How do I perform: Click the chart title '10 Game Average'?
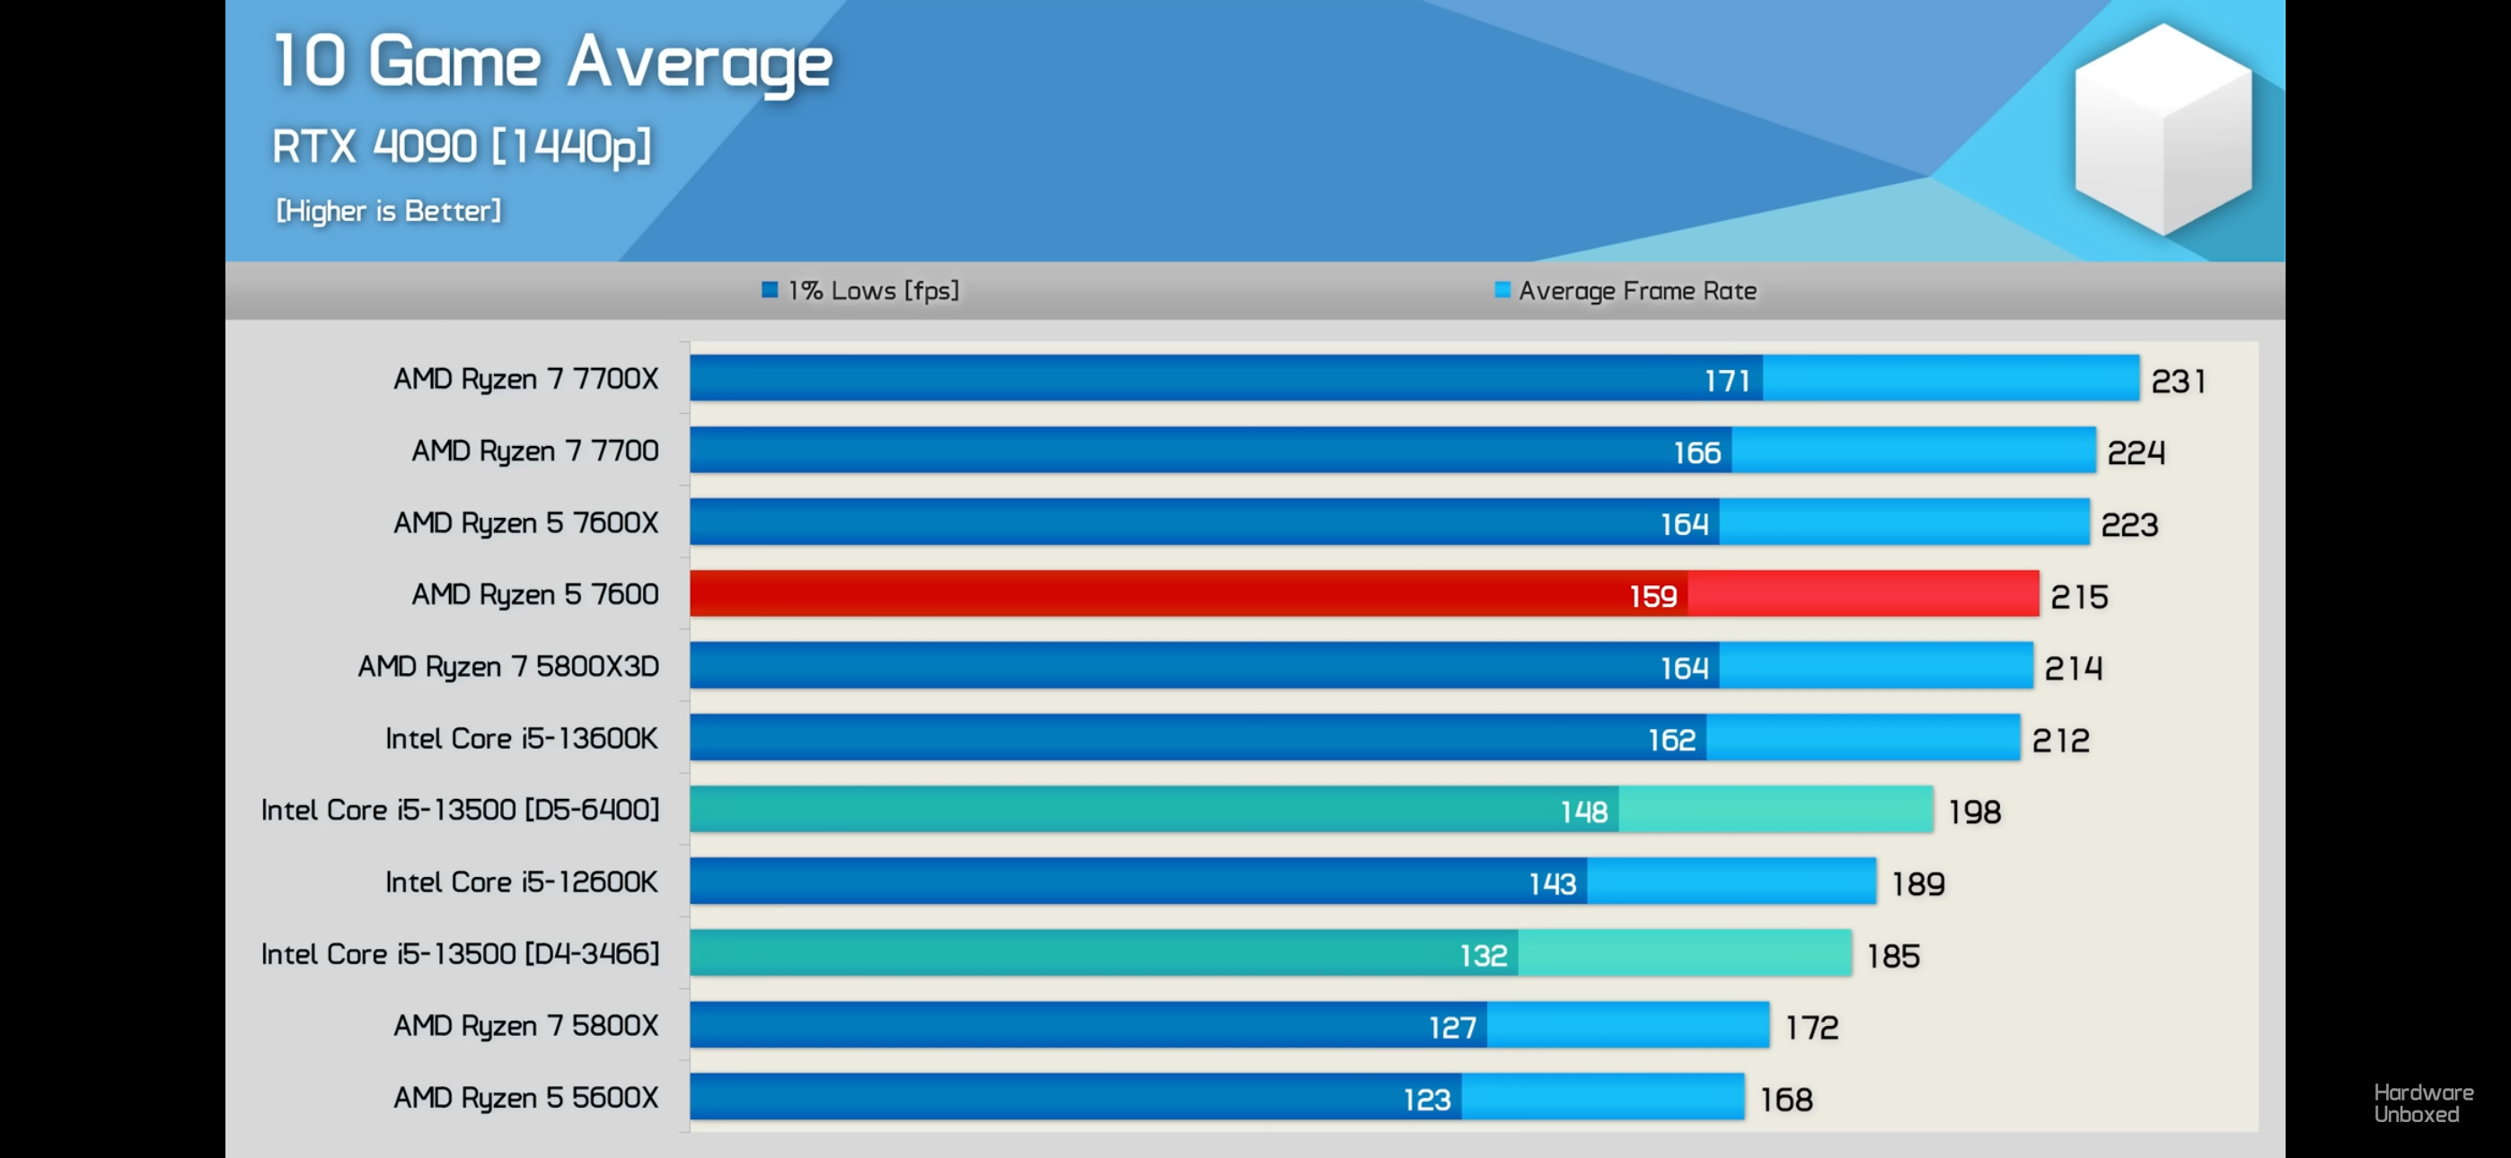[551, 62]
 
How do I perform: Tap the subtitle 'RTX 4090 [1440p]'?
[461, 146]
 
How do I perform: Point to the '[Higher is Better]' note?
[388, 211]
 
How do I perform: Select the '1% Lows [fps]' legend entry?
[860, 291]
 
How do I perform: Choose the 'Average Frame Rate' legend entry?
[1626, 291]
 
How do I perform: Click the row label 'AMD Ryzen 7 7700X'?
[525, 378]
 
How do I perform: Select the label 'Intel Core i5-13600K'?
[521, 739]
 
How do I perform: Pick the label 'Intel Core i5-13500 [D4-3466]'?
[460, 953]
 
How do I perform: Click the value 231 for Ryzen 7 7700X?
[2178, 382]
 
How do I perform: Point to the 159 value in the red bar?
[1652, 597]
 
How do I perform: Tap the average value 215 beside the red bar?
[2078, 597]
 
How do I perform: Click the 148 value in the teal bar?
[1583, 812]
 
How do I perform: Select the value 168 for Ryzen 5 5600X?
[1785, 1100]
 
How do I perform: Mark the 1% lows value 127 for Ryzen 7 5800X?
[1451, 1027]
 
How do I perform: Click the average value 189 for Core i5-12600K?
[1917, 884]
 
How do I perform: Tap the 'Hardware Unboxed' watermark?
[2422, 1103]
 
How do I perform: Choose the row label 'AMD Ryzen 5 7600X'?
[525, 523]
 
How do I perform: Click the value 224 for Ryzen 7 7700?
[2135, 453]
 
